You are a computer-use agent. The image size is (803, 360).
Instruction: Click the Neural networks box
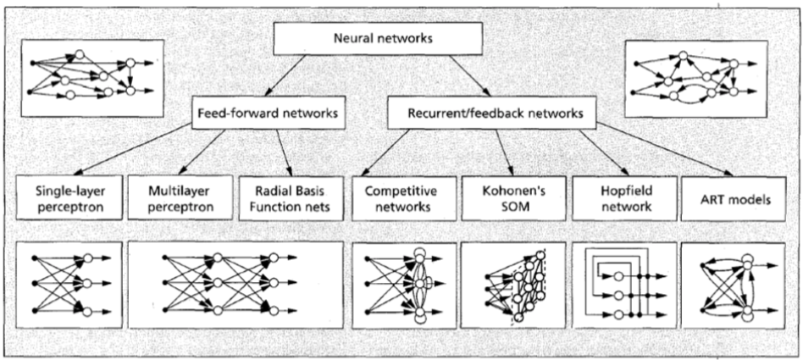coord(378,37)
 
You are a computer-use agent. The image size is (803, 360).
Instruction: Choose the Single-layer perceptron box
coord(69,197)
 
